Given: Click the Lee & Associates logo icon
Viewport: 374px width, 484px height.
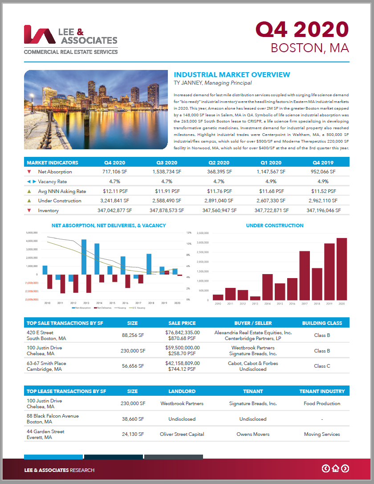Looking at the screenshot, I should point(39,35).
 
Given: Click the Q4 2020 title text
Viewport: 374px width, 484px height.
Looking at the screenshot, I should point(302,29).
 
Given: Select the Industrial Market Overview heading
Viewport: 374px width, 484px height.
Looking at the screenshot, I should point(232,75).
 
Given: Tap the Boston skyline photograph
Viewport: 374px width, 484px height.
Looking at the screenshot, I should point(95,110).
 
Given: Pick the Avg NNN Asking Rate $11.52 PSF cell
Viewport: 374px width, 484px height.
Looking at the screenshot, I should point(323,191).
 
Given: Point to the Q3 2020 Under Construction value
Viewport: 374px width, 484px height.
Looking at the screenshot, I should point(167,201).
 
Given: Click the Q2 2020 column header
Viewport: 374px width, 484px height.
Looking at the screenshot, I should point(219,163).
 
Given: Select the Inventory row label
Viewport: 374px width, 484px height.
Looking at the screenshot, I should point(48,210).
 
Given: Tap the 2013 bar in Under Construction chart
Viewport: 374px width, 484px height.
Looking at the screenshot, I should point(255,298).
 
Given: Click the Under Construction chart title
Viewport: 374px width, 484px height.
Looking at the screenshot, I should point(275,226).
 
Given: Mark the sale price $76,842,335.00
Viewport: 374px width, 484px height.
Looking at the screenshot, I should point(183,332).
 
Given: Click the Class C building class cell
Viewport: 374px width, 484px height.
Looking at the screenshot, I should point(322,366).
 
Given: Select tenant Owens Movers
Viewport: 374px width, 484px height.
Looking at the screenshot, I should point(252,434).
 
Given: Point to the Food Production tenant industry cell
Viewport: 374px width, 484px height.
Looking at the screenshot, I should point(322,403).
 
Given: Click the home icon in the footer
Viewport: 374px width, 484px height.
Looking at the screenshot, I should point(335,468).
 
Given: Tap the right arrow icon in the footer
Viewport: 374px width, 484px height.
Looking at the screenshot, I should point(345,468).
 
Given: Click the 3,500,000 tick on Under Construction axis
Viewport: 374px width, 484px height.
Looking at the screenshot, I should point(202,233).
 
